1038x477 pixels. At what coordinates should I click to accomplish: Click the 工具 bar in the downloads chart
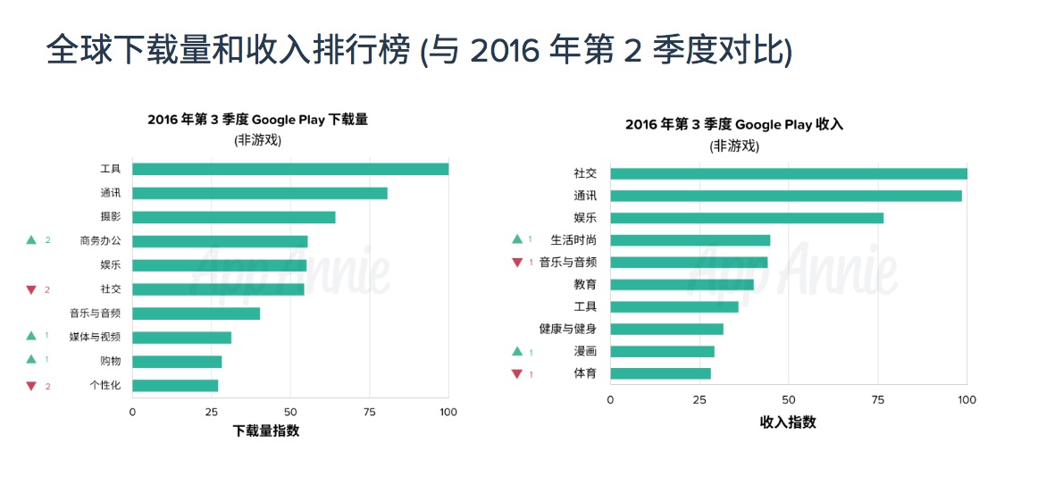pos(290,169)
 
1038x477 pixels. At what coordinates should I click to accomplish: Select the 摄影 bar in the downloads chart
pos(233,217)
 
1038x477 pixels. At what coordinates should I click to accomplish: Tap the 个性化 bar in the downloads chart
pos(175,386)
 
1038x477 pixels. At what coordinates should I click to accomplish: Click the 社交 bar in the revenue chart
pos(788,173)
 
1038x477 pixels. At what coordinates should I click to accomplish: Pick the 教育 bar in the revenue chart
pos(682,285)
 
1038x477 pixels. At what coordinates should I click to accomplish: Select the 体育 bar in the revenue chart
pos(660,373)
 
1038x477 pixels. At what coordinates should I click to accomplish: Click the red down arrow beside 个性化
pos(31,386)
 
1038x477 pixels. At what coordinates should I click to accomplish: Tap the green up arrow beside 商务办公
pos(31,240)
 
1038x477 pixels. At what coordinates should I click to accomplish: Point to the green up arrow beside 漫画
pos(516,352)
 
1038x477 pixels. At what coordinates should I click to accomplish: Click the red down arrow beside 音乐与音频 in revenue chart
pos(516,263)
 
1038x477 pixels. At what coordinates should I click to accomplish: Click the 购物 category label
pos(111,362)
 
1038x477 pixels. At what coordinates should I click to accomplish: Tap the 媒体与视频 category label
pos(95,338)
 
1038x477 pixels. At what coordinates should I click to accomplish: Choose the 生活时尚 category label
pos(573,240)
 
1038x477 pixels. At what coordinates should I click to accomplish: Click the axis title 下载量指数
pos(266,431)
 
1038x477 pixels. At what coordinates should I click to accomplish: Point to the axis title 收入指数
pos(788,422)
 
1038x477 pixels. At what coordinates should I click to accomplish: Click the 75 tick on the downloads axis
pos(369,413)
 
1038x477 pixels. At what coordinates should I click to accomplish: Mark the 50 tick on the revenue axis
pos(788,400)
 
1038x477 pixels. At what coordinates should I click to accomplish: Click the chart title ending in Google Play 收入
pos(734,125)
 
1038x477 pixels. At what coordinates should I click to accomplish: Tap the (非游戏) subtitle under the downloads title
pos(258,140)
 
